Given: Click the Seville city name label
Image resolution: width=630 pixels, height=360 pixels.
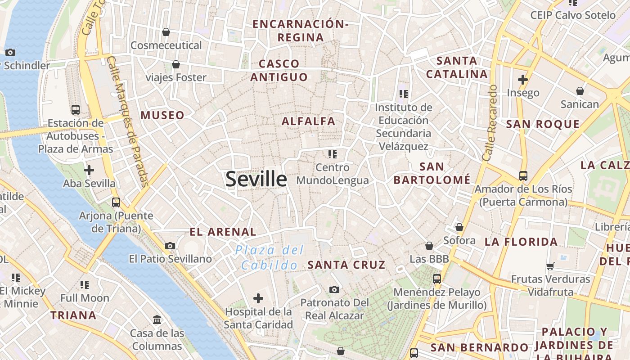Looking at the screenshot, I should (x=256, y=179).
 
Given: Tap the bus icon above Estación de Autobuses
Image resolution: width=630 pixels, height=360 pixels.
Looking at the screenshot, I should (x=76, y=109).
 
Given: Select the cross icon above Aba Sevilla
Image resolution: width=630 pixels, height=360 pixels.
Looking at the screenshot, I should (x=89, y=170).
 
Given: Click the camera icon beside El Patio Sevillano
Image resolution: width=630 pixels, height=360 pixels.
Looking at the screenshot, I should (x=170, y=246).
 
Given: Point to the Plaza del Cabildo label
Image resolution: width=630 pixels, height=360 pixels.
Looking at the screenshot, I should (x=270, y=257).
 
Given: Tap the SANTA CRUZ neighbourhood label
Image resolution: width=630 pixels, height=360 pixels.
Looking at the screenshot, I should (x=346, y=265).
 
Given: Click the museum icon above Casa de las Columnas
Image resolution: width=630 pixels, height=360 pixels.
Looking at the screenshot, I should (x=157, y=320).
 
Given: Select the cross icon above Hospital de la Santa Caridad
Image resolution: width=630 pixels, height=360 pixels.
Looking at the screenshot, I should (x=258, y=298).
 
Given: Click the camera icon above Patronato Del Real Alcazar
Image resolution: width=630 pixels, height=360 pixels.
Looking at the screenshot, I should (x=334, y=289).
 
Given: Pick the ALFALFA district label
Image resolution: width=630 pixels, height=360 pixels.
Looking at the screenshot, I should (x=309, y=121).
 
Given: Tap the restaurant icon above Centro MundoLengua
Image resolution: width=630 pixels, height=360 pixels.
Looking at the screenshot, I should (x=333, y=154).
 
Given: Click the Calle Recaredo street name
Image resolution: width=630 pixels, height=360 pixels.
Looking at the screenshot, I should (x=490, y=123).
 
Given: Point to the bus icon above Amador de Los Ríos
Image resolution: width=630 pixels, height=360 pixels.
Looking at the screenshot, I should (x=523, y=175).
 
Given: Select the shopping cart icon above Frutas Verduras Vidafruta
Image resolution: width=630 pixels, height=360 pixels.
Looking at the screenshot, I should (x=550, y=266).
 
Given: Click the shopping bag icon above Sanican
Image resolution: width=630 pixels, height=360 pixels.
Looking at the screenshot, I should (x=580, y=91).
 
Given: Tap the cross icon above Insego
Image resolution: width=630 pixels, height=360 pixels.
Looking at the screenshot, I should (x=522, y=80).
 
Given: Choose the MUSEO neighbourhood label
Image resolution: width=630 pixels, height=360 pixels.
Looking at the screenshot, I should (x=162, y=115).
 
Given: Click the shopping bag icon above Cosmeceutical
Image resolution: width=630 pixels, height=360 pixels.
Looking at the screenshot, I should (x=166, y=32).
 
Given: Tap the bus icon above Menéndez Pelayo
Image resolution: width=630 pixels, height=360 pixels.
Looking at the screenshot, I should (x=436, y=279).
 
